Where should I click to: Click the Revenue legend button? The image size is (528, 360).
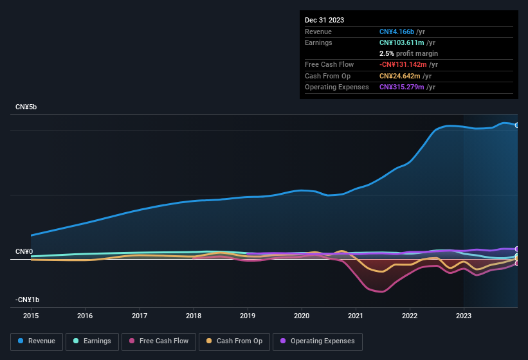(x=37, y=341)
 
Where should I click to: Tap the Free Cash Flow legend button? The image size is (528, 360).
(x=159, y=341)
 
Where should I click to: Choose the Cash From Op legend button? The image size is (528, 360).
(x=234, y=341)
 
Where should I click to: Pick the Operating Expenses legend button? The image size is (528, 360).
(x=317, y=341)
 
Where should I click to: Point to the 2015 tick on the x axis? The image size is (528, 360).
(x=31, y=316)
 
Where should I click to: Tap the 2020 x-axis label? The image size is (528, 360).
(x=302, y=316)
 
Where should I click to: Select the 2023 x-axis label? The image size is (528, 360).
(x=464, y=316)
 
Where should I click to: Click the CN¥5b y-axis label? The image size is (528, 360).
(x=26, y=107)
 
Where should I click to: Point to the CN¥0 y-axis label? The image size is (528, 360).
(x=24, y=251)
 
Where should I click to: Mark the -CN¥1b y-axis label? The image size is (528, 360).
(x=28, y=300)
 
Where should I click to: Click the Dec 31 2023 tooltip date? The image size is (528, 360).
(x=324, y=20)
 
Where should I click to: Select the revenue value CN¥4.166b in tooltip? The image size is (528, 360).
(x=397, y=32)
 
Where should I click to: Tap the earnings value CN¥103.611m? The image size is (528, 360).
(x=401, y=42)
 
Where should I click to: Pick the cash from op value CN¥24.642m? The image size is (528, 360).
(x=399, y=76)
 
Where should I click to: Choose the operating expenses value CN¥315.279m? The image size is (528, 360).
(x=401, y=87)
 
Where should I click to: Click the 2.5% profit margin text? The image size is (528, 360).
(x=408, y=53)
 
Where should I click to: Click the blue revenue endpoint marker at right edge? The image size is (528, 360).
(x=516, y=125)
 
